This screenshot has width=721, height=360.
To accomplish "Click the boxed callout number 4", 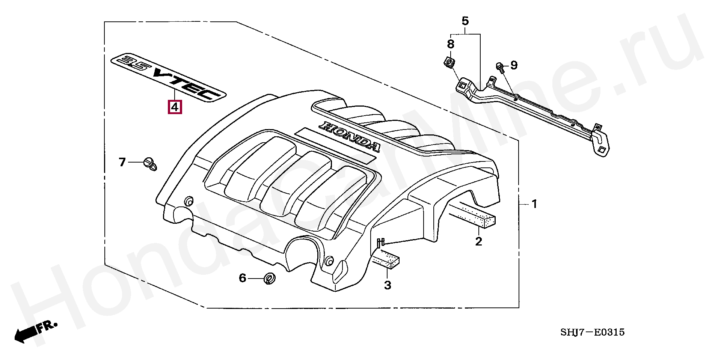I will pyautogui.click(x=175, y=107).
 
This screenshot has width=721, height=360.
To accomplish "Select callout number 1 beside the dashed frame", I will pyautogui.click(x=534, y=204).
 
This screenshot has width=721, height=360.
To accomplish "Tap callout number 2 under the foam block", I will pyautogui.click(x=478, y=241).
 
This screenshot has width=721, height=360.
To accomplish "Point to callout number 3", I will pyautogui.click(x=388, y=285).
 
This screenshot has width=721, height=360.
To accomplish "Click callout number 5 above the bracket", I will pyautogui.click(x=465, y=21).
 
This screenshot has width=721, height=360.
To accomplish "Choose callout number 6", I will pyautogui.click(x=243, y=278).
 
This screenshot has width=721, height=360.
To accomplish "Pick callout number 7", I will pyautogui.click(x=122, y=162).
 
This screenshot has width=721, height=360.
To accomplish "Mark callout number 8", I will pyautogui.click(x=451, y=44).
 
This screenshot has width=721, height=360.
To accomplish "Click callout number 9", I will pyautogui.click(x=514, y=65).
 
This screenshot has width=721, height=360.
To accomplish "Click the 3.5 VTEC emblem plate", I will pyautogui.click(x=168, y=77).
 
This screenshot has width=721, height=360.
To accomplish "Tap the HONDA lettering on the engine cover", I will pyautogui.click(x=349, y=137).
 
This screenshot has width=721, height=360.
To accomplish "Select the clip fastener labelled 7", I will pyautogui.click(x=150, y=164).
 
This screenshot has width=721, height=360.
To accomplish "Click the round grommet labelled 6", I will pyautogui.click(x=269, y=279).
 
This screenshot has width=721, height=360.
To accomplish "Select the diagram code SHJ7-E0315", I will pyautogui.click(x=592, y=332).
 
